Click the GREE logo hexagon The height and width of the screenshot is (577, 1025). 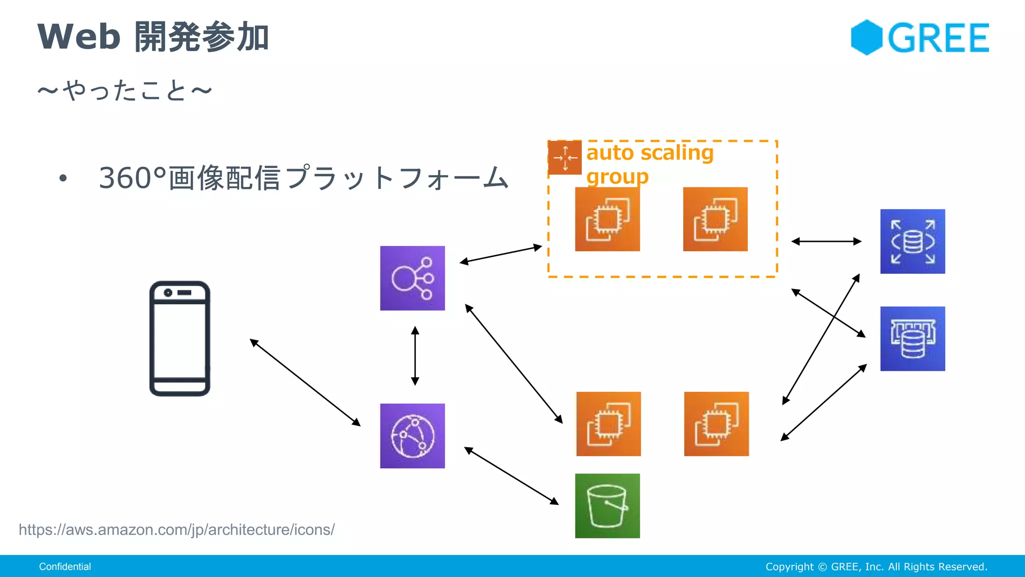click(866, 38)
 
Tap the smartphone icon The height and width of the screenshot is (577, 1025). click(180, 339)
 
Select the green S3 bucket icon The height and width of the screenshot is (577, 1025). click(607, 506)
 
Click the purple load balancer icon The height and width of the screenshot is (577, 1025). click(412, 278)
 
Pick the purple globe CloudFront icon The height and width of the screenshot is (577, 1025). click(412, 436)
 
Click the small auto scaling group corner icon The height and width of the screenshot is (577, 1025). click(565, 158)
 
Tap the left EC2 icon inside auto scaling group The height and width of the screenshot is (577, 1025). click(607, 219)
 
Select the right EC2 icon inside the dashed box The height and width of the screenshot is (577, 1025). click(715, 219)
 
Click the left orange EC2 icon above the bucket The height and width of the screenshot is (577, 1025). click(608, 424)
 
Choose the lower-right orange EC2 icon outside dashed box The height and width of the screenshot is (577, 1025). click(716, 424)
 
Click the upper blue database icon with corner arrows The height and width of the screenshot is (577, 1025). click(912, 241)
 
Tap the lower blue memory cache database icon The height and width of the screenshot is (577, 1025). click(912, 339)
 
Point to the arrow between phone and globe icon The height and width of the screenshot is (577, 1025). click(305, 383)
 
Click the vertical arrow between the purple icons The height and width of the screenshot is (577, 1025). click(415, 356)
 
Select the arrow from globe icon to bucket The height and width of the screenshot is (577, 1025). click(511, 476)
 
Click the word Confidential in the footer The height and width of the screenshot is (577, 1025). click(65, 566)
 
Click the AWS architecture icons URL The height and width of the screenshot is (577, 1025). click(177, 529)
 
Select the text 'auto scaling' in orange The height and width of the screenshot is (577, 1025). click(650, 152)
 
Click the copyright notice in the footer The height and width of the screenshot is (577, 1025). click(876, 566)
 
